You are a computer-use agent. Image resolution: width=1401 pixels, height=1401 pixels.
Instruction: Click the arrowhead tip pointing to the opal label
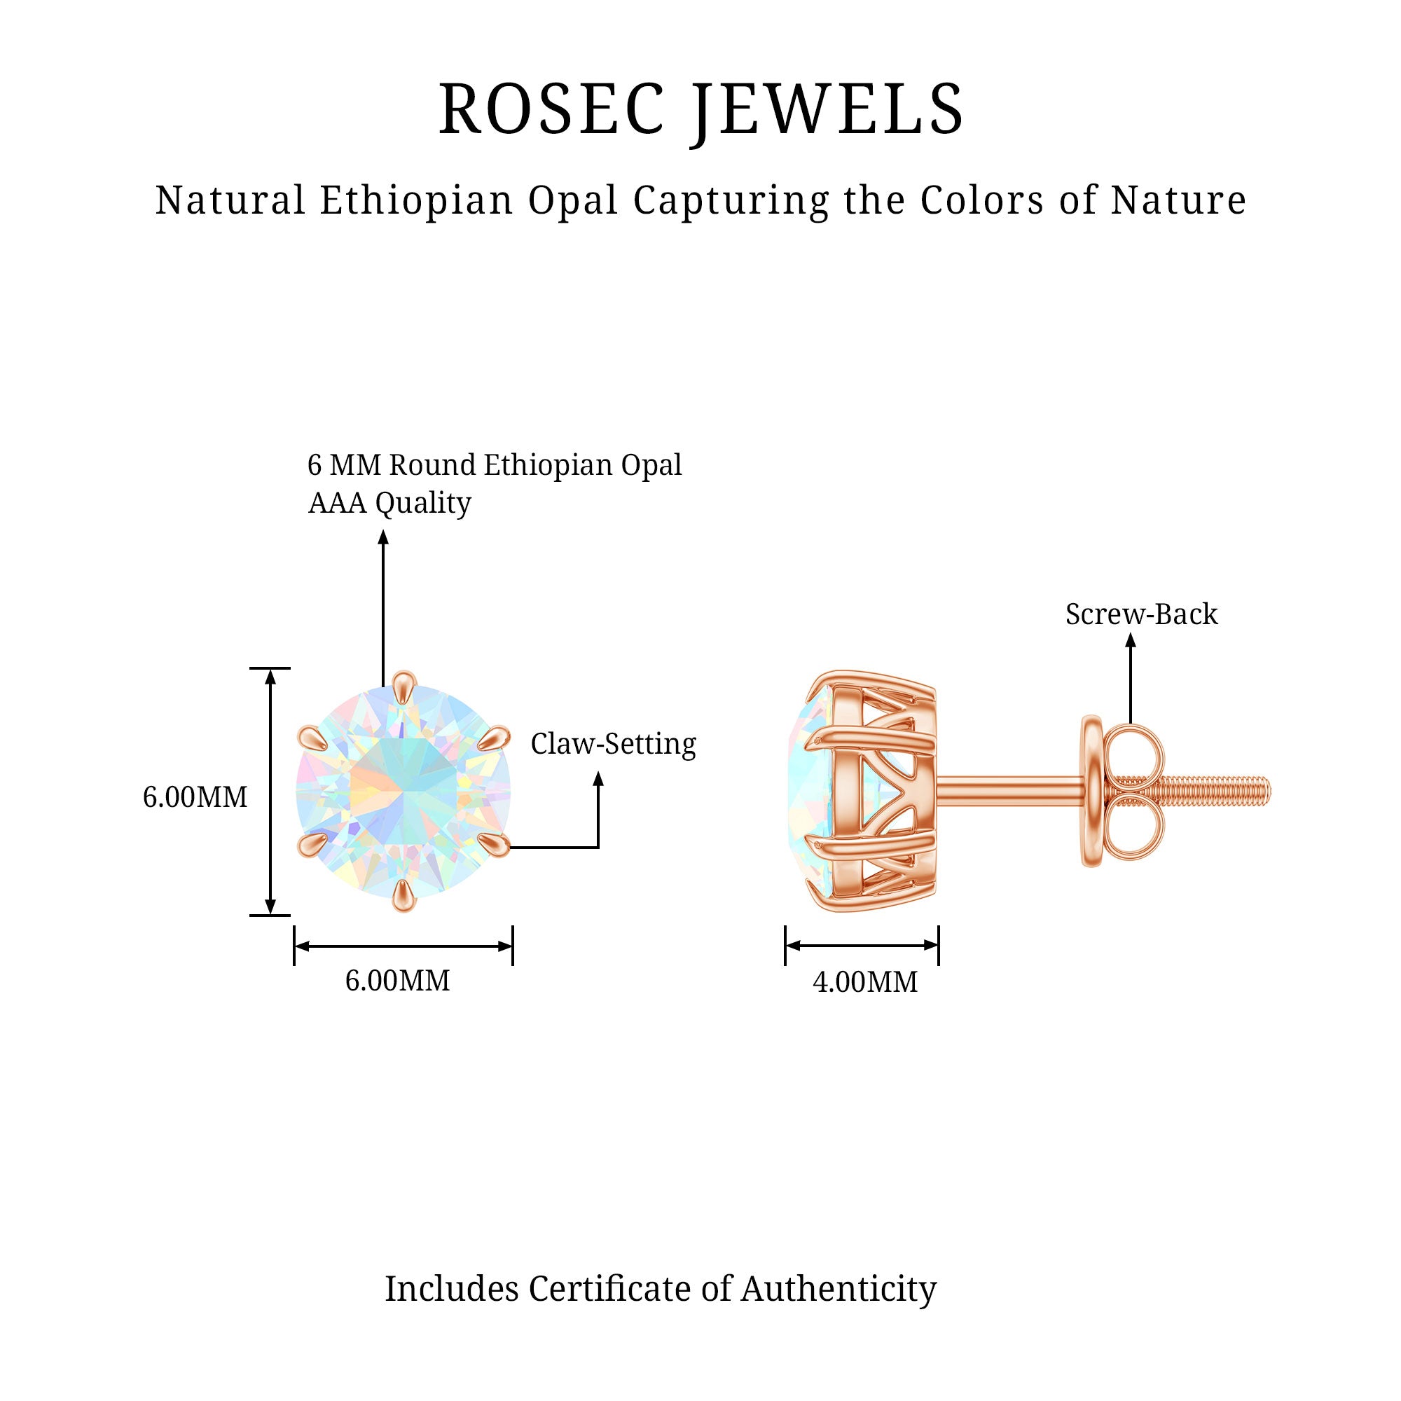pos(384,530)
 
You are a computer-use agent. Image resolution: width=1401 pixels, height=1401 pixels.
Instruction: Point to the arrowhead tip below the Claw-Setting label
pos(598,771)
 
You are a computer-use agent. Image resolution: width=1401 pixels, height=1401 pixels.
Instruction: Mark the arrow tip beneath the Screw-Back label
pos(1131,634)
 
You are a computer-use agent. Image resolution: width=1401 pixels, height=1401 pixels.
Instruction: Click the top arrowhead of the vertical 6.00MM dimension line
pos(270,669)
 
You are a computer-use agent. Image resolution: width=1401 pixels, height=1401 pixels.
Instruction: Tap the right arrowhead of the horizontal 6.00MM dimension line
pos(512,946)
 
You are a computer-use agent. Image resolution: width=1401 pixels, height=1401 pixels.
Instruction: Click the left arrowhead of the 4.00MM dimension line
pos(787,945)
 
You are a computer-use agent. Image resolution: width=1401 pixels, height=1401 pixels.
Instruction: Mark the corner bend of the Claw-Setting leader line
pos(598,847)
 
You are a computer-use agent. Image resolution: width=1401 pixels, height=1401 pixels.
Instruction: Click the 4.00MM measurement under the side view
pos(864,982)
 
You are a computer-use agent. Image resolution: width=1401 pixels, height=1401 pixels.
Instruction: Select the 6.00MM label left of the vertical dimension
pos(195,797)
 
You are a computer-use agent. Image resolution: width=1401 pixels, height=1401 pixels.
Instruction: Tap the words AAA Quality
pos(389,502)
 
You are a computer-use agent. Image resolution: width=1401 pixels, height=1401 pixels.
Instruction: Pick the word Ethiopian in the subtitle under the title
pos(417,200)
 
